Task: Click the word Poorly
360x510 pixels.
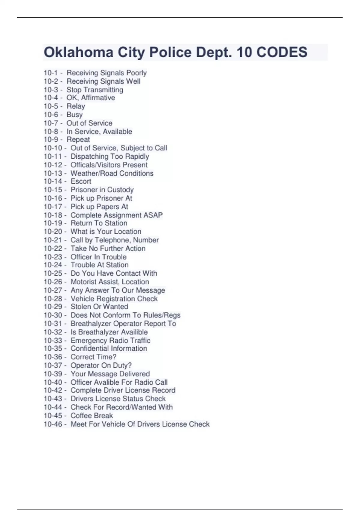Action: (136, 73)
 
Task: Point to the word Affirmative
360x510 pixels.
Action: (98, 98)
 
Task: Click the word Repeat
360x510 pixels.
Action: (78, 139)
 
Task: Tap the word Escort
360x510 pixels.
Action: (81, 181)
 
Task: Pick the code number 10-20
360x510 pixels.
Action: (53, 232)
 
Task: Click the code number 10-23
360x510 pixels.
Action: (53, 257)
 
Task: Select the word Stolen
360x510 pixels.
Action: (81, 307)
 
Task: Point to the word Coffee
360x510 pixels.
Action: (81, 415)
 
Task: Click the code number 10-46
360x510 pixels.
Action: (53, 424)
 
